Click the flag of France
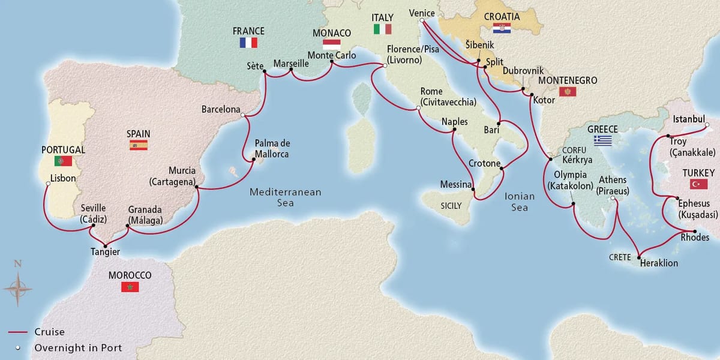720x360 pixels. pos(248,43)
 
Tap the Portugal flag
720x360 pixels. pos(63,161)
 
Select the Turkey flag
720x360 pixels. pos(698,184)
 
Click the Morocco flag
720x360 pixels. pos(130,287)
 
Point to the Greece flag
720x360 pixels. pos(603,140)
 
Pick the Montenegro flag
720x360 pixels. pos(567,92)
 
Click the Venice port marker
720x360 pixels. pos(422,21)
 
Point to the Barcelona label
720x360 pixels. pos(221,110)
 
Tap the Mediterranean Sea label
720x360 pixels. pos(286,197)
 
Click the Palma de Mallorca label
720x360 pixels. pos(272,148)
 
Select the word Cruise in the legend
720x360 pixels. pos(49,332)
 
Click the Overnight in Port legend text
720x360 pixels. pos(78,347)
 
